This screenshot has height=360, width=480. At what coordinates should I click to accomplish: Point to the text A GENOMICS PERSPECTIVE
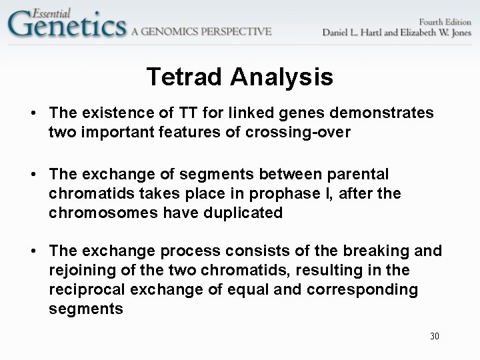coord(201,31)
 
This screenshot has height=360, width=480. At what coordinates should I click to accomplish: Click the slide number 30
coord(435,335)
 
